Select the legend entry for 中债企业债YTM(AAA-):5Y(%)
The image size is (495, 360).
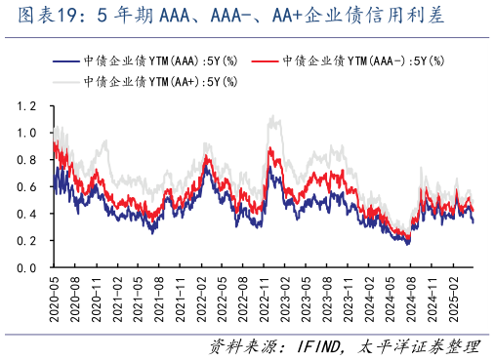click(x=363, y=60)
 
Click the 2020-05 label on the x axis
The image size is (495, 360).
click(x=53, y=298)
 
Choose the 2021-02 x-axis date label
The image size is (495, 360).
click(x=116, y=298)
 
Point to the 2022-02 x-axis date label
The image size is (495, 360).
click(x=201, y=298)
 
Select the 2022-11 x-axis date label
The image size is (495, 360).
click(x=265, y=298)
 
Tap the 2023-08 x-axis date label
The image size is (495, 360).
click(x=328, y=298)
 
